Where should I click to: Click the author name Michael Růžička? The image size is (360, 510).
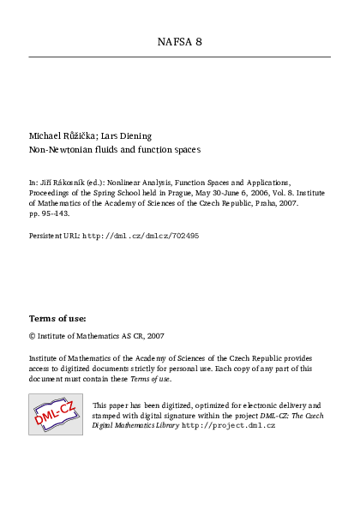point(62,135)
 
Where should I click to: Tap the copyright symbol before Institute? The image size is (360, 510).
point(32,337)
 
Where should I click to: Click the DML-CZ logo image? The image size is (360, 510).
point(56,414)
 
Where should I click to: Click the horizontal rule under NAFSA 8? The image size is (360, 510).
point(180,57)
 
